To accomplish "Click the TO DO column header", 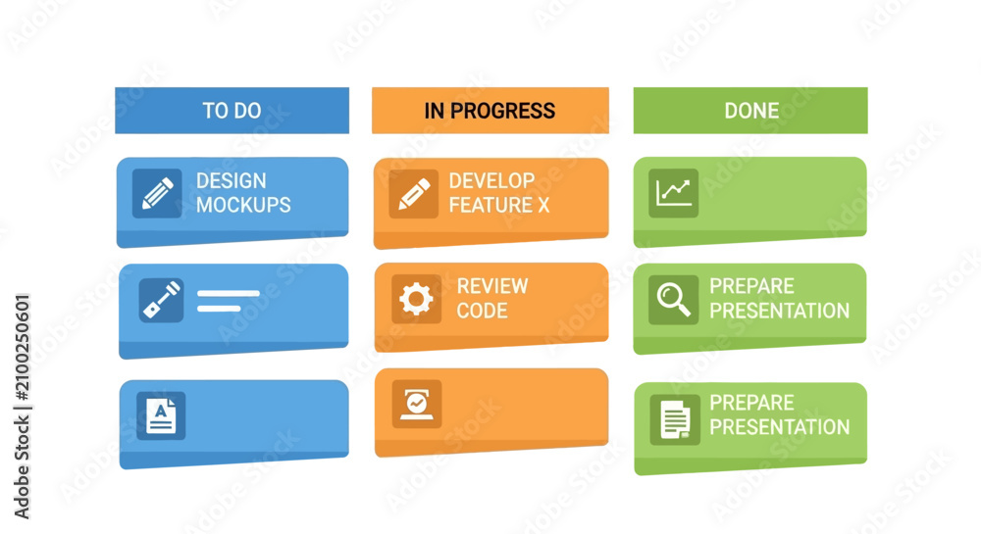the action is [232, 111].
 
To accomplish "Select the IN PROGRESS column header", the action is [490, 111].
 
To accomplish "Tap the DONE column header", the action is [750, 111].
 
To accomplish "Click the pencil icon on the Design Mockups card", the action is [157, 194].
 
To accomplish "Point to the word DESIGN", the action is [232, 180].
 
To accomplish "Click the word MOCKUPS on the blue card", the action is [243, 205].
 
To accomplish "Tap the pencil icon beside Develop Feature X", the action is [414, 194].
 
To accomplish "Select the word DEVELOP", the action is [491, 180].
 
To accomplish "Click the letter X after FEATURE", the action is [543, 205].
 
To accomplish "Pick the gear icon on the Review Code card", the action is [416, 299].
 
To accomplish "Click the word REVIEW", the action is [492, 286].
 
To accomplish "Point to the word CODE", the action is [482, 311].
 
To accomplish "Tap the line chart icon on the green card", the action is [673, 193].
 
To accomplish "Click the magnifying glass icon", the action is [673, 300].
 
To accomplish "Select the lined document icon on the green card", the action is [675, 419].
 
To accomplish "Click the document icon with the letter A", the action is [161, 416].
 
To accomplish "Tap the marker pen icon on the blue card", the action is [162, 300].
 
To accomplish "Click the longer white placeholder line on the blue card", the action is [229, 293].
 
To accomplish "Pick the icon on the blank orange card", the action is [417, 404].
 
